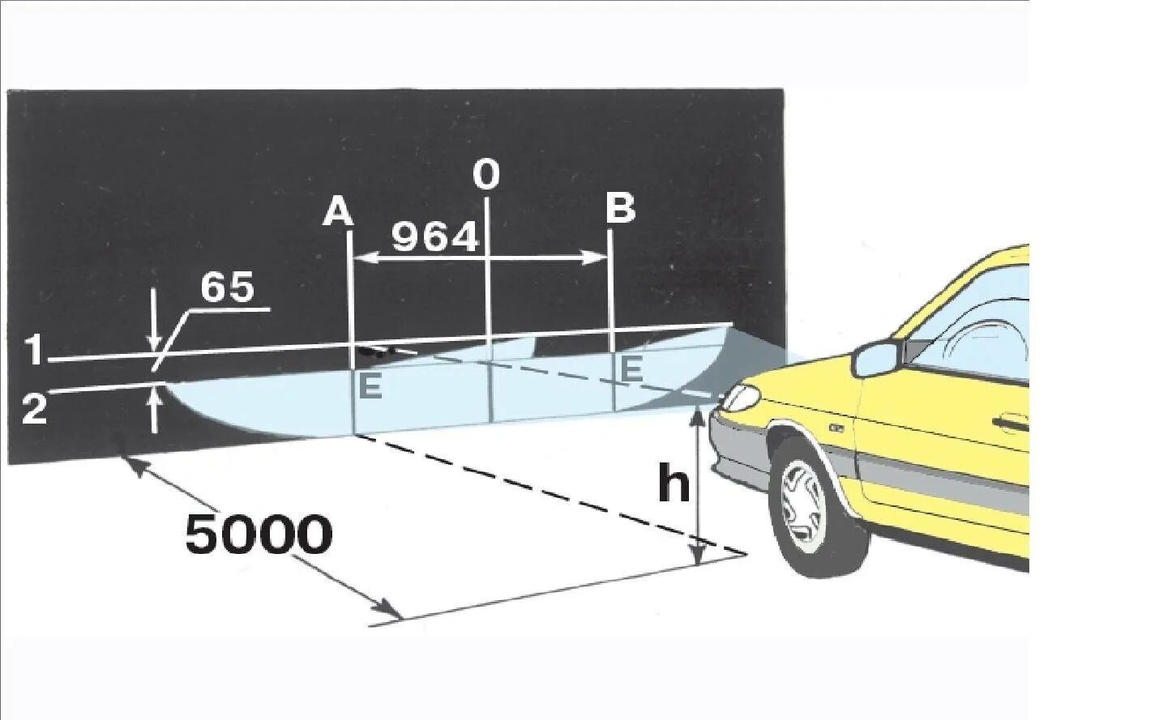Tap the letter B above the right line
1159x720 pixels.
click(x=621, y=209)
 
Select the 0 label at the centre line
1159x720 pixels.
click(x=486, y=174)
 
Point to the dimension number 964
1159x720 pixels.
click(x=434, y=238)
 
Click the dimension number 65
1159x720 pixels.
click(x=227, y=288)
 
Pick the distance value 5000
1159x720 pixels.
click(x=259, y=535)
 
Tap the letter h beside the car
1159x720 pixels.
click(x=674, y=484)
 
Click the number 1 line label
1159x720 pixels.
click(x=33, y=351)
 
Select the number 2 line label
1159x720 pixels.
click(x=33, y=408)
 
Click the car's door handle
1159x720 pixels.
click(x=1010, y=422)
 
